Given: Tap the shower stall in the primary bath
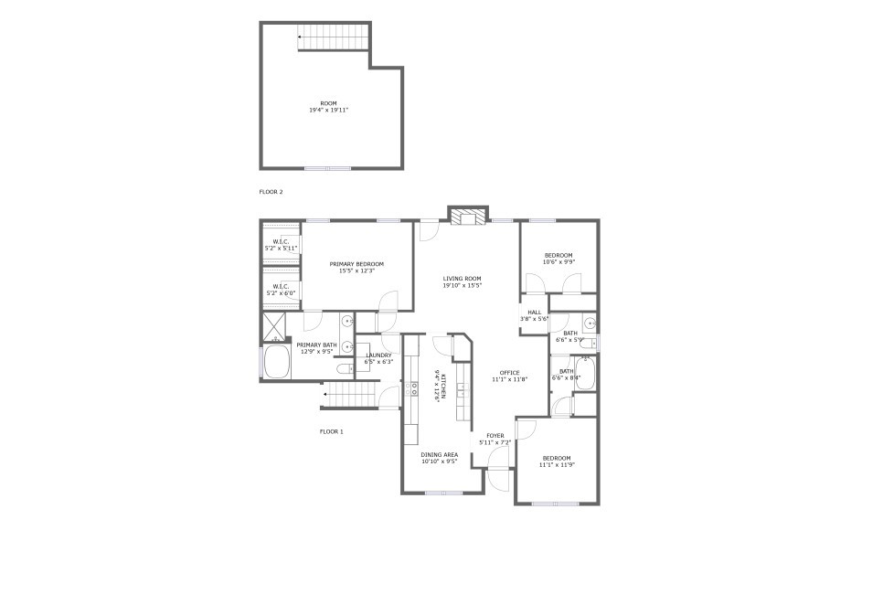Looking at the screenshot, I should pos(275,325).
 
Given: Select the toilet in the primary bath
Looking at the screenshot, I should pos(344,369).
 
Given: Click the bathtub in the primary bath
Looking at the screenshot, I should pos(275,362).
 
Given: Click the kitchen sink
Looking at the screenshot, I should pos(462,389).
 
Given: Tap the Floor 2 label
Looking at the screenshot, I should pos(271,192).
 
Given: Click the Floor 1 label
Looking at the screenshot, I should pos(331,431).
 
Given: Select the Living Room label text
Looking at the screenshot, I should pos(462,279).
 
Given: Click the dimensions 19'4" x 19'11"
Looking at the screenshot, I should pos(328,110).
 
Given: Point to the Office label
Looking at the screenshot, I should pos(509,372).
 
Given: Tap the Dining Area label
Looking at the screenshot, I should pos(439,454).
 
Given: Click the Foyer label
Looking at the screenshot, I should pos(495,436).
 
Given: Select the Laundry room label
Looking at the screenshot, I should pos(378,355).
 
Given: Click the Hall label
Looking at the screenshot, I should pos(534,312).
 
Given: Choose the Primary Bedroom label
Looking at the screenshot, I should pos(356,264).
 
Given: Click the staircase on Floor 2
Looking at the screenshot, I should pos(334,38).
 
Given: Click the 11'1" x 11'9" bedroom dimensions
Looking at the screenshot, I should pos(557,464).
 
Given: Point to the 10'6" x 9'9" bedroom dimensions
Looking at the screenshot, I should pos(559,261).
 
